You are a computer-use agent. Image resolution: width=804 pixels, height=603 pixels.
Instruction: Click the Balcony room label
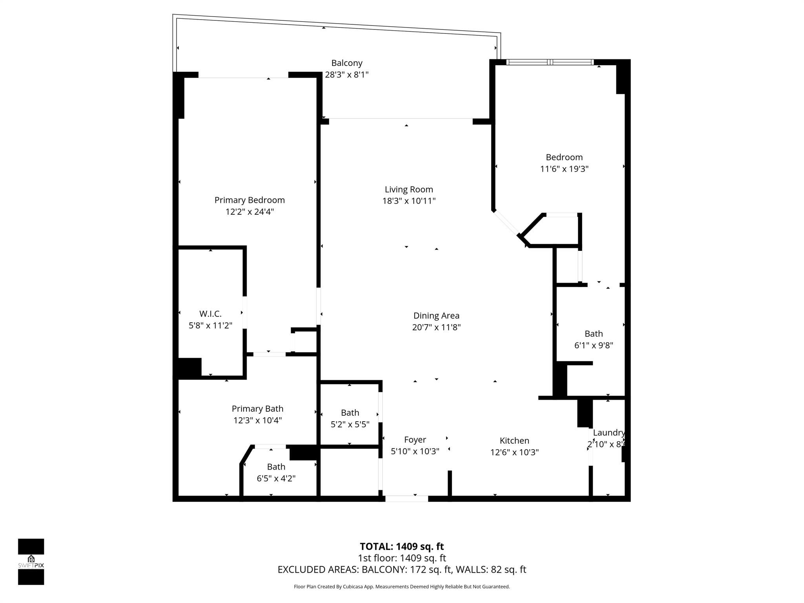click(x=347, y=63)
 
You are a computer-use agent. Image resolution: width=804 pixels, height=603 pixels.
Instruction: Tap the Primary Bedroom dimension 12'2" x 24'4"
click(x=249, y=212)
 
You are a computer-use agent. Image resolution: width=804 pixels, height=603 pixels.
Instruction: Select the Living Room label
click(x=409, y=190)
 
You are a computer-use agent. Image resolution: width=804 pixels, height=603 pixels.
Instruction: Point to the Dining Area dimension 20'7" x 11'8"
click(x=436, y=327)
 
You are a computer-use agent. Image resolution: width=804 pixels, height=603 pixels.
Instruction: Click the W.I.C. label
click(x=210, y=314)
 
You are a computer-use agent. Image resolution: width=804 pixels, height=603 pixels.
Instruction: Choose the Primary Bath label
click(x=257, y=409)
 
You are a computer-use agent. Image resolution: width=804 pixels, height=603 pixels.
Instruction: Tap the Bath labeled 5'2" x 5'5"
click(x=350, y=413)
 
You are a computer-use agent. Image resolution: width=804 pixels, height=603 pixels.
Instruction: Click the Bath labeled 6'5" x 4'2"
click(x=276, y=467)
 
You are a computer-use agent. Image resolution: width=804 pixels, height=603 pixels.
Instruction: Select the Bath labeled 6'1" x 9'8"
click(x=594, y=334)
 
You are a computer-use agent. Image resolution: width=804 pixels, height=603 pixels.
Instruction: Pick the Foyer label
click(x=415, y=440)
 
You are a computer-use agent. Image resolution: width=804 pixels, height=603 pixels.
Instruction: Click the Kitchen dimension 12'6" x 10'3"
click(x=514, y=452)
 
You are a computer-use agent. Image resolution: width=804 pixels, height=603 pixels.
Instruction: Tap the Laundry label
click(x=608, y=433)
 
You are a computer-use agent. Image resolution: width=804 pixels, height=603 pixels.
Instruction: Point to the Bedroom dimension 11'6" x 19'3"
click(x=564, y=169)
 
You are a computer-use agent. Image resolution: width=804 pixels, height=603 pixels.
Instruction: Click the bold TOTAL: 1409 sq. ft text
click(x=402, y=546)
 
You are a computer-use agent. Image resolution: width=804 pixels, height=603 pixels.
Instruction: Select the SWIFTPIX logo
click(x=31, y=561)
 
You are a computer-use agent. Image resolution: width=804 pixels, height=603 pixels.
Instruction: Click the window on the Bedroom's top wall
click(x=550, y=62)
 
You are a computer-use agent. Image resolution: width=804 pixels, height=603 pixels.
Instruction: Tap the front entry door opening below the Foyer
click(x=406, y=499)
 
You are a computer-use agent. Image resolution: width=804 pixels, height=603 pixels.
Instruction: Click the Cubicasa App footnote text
click(x=402, y=587)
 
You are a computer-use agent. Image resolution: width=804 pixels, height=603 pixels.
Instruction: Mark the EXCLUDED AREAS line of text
click(x=402, y=570)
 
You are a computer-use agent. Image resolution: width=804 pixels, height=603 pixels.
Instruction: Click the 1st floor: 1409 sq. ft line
click(x=402, y=558)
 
